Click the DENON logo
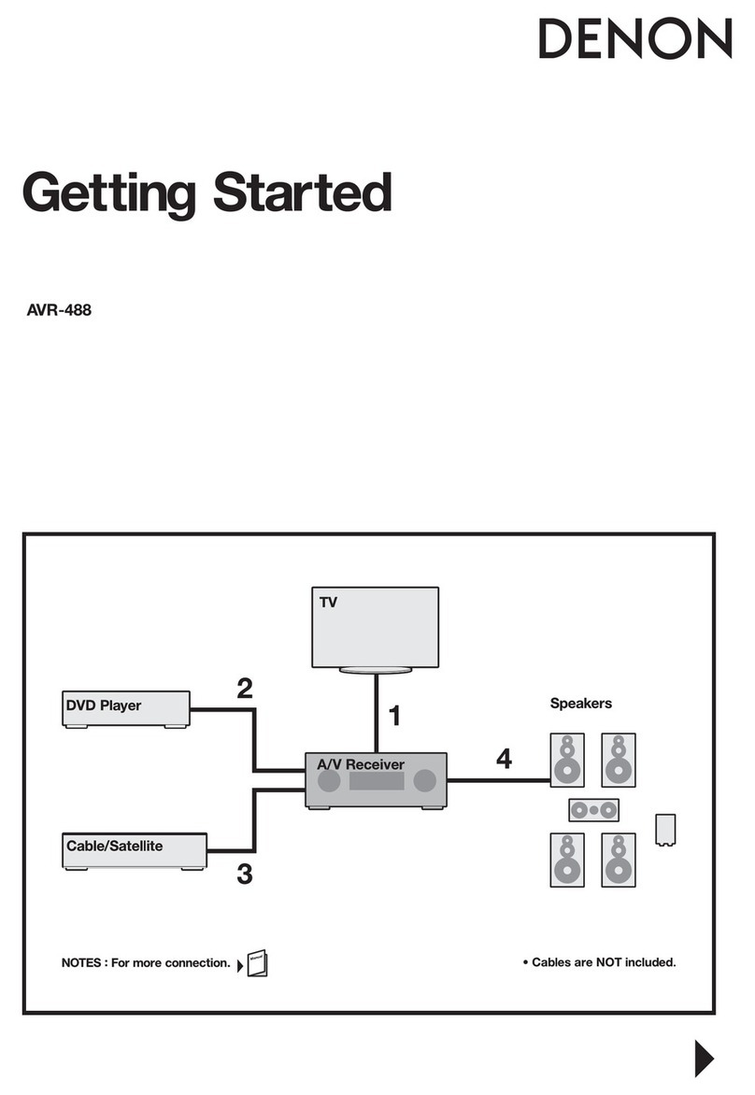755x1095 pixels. pos(634,41)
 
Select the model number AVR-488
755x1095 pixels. pos(59,310)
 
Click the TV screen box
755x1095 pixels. pos(375,626)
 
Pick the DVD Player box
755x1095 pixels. pos(126,708)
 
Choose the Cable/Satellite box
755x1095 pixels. pos(134,848)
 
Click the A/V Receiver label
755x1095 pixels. pos(361,764)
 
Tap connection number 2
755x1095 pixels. pos(244,690)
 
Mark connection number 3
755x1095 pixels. pos(244,875)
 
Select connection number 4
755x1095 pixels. pos(504,760)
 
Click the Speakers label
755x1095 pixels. pos(580,704)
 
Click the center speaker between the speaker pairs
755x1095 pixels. pos(593,808)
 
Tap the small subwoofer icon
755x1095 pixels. pos(667,829)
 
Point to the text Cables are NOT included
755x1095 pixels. pos(598,961)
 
